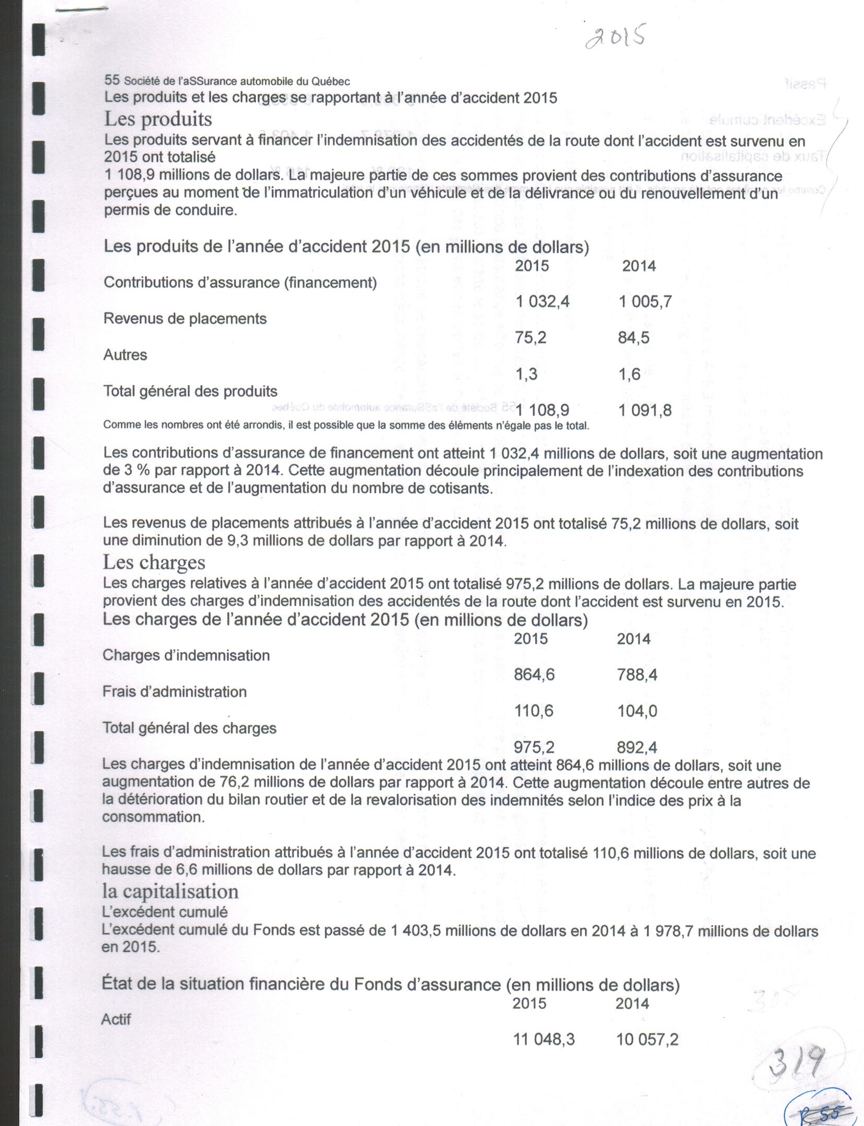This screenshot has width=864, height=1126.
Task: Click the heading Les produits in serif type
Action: pyautogui.click(x=158, y=119)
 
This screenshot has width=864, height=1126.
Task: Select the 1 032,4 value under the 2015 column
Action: pyautogui.click(x=542, y=302)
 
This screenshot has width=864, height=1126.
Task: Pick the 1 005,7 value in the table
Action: pyautogui.click(x=645, y=302)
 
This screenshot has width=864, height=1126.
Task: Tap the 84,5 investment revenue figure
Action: pyautogui.click(x=633, y=338)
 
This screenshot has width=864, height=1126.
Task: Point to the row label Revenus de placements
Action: pyautogui.click(x=185, y=319)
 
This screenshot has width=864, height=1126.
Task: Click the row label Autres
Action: pyautogui.click(x=125, y=355)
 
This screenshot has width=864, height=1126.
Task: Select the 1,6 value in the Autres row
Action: pyautogui.click(x=629, y=374)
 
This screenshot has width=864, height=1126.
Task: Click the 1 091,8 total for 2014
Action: pyautogui.click(x=645, y=411)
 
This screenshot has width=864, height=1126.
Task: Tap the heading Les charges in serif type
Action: pyautogui.click(x=154, y=563)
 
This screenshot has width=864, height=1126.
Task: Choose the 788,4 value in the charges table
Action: pyautogui.click(x=637, y=675)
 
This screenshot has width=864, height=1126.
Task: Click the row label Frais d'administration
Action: pyautogui.click(x=174, y=692)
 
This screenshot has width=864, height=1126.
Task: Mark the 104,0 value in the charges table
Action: pyautogui.click(x=637, y=711)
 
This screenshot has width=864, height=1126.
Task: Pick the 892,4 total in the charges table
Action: pyautogui.click(x=637, y=748)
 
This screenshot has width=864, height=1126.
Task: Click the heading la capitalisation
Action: pyautogui.click(x=170, y=892)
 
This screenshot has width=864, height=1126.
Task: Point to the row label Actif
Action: pyautogui.click(x=116, y=1019)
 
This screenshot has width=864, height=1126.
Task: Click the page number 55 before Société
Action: pyautogui.click(x=112, y=81)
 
